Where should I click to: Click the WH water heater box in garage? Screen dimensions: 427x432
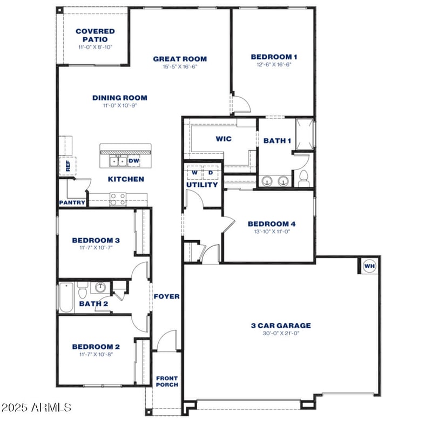click(x=369, y=266)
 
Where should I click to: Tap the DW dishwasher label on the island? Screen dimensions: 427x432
click(x=134, y=161)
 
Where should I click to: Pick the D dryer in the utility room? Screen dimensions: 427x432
click(x=211, y=173)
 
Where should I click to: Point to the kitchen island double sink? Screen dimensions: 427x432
click(x=117, y=161)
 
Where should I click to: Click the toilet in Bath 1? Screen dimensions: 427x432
click(x=303, y=177)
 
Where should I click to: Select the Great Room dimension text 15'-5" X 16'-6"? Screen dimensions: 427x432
click(x=180, y=67)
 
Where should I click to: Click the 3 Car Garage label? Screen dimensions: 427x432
click(x=281, y=326)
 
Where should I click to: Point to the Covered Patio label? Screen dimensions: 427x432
click(x=95, y=35)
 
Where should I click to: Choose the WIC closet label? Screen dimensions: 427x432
click(x=224, y=139)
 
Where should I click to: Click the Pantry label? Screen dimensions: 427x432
click(x=72, y=203)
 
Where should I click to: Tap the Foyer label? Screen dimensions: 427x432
click(x=166, y=296)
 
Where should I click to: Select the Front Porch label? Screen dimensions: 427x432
click(x=167, y=381)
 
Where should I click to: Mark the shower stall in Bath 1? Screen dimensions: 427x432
click(x=304, y=133)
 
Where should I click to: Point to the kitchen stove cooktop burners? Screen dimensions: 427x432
click(x=118, y=199)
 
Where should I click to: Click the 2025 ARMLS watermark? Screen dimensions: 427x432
click(x=36, y=406)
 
